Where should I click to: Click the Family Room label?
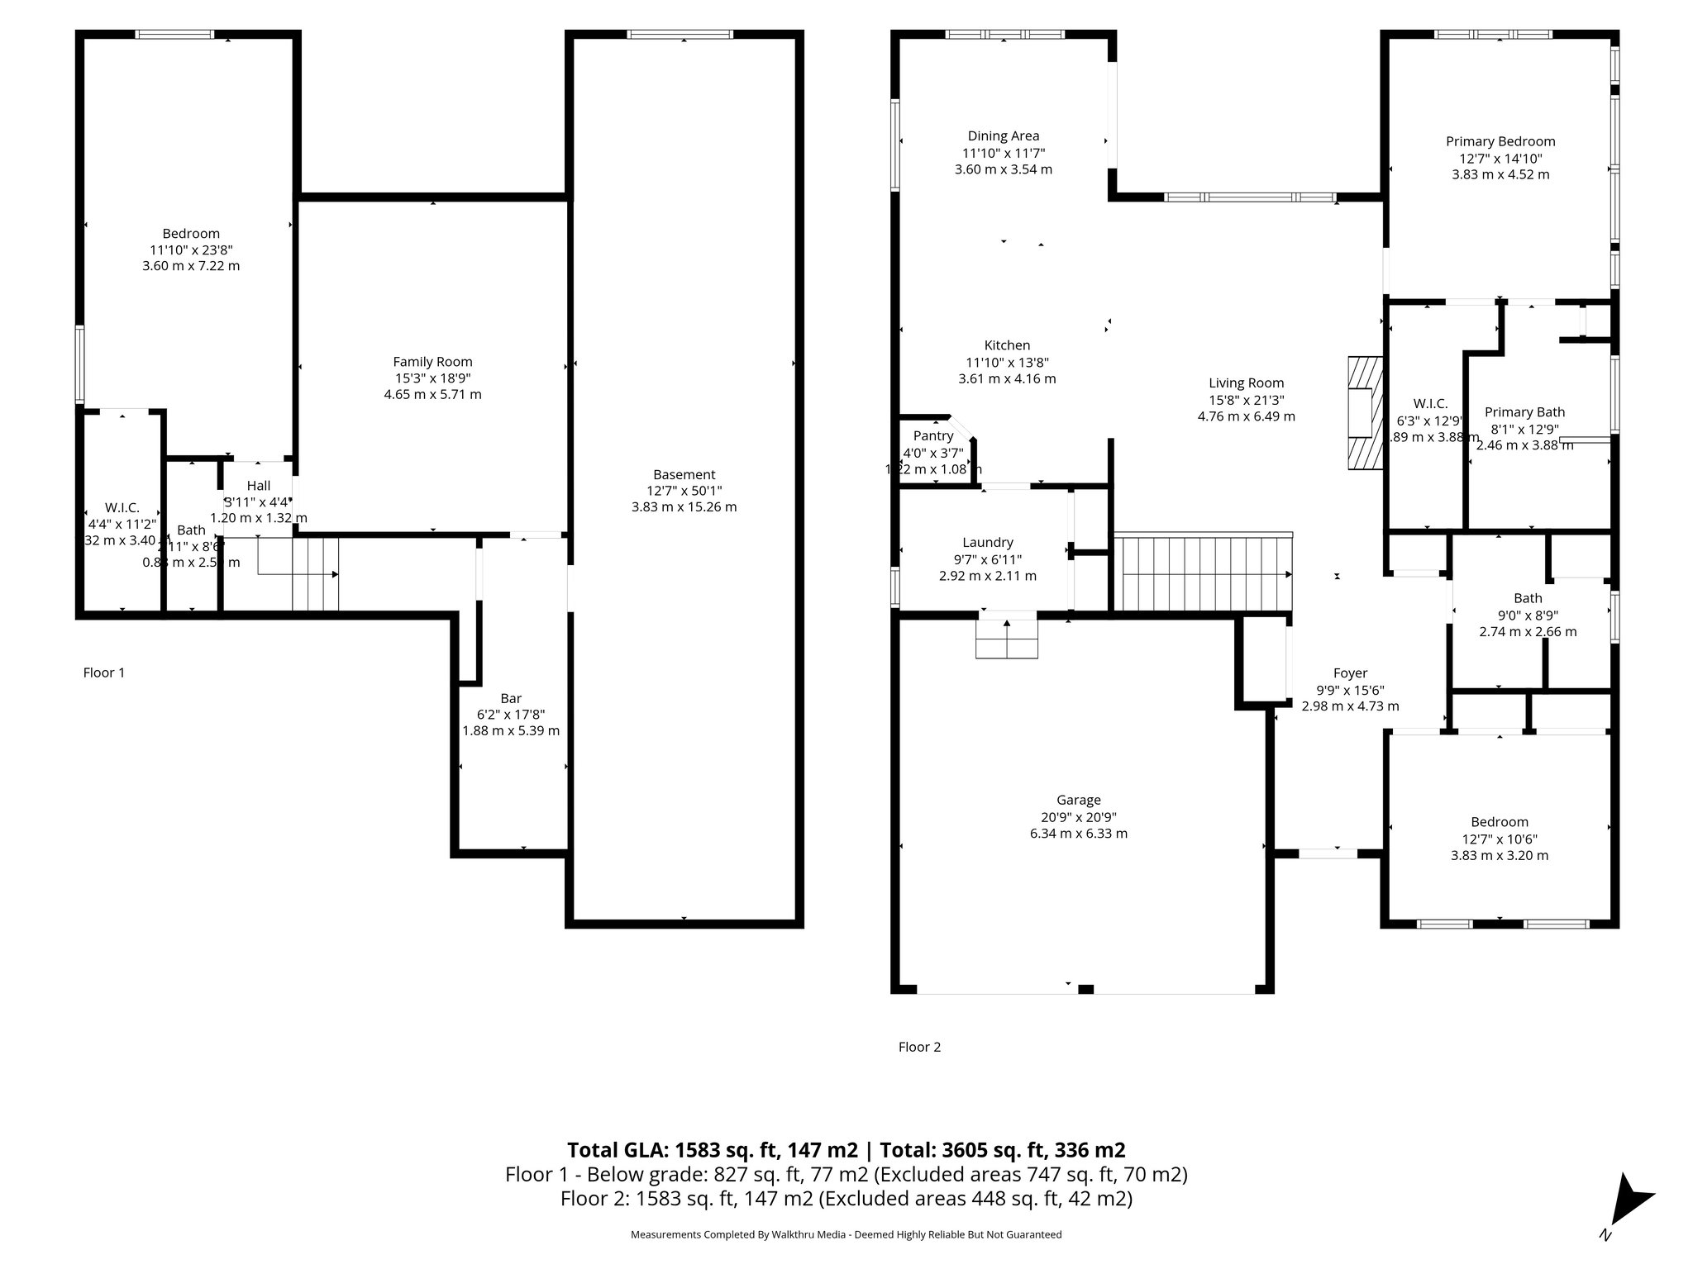point(432,362)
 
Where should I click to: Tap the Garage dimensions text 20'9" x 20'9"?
point(1078,817)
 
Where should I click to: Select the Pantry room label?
point(933,436)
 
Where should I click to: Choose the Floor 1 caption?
point(104,673)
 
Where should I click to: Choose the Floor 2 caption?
point(919,1047)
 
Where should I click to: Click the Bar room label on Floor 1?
point(511,699)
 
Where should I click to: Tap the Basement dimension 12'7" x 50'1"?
point(684,491)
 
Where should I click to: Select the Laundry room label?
point(987,543)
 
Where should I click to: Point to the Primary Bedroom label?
point(1500,142)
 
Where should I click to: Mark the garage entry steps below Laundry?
point(1006,639)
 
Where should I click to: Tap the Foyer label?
point(1350,673)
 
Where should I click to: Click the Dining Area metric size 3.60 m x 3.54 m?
point(1004,169)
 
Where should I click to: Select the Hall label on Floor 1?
point(258,487)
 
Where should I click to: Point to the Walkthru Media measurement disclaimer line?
point(846,1234)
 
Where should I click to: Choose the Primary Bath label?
point(1524,412)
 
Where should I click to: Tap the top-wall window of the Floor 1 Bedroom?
point(174,35)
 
